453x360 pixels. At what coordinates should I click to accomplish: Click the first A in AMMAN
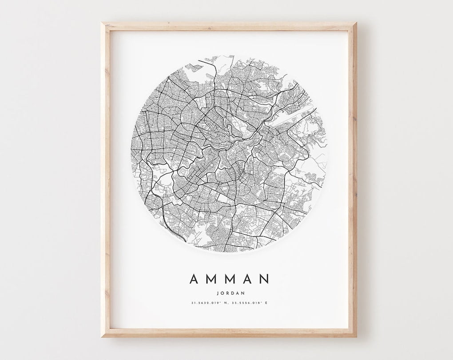(x=194, y=279)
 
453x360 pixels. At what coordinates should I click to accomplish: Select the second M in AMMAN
(x=230, y=279)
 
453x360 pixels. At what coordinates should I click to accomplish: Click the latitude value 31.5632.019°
(x=205, y=303)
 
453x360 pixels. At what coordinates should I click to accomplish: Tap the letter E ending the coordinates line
(x=266, y=303)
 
